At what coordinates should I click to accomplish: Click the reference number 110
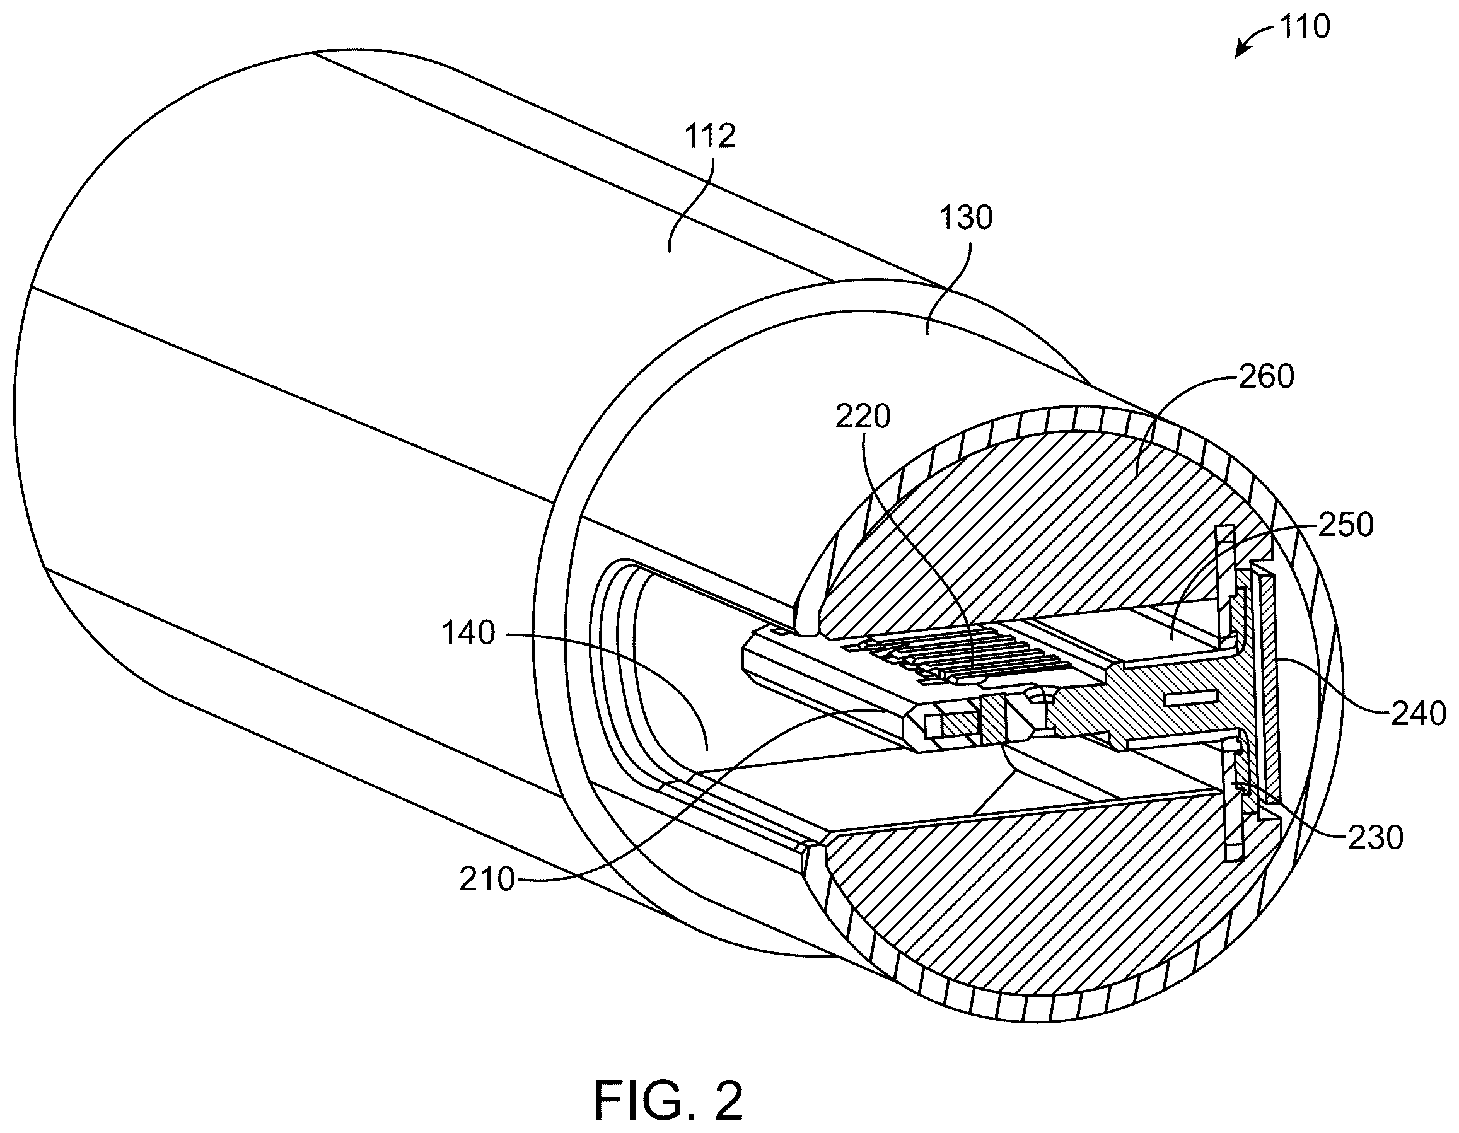coord(1304,27)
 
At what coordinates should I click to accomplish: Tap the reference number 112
coord(710,136)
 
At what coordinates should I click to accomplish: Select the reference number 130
coord(965,218)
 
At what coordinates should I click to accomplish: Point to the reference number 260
coord(1267,377)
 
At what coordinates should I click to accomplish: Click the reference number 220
coord(863,417)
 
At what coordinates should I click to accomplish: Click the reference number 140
coord(468,632)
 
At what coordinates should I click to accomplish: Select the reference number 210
coord(487,880)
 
